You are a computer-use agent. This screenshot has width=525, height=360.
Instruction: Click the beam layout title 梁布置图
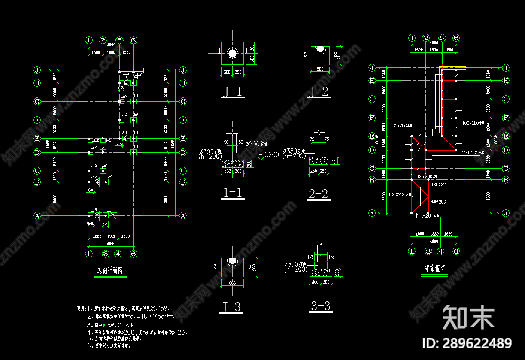coord(434,269)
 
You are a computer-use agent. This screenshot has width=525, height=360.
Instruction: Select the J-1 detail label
coord(233,91)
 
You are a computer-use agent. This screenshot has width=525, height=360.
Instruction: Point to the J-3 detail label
coord(231,307)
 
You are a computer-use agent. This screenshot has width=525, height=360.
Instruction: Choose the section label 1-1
coord(232,193)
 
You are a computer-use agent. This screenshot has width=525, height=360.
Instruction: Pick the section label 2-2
coord(318,194)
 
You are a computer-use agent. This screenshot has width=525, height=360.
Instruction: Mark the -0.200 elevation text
coord(269,154)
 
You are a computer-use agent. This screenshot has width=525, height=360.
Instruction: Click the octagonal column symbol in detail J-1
coord(233,54)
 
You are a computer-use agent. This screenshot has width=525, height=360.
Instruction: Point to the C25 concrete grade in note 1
coord(161,309)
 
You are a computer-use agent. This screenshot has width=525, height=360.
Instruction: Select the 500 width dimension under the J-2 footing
coord(319,69)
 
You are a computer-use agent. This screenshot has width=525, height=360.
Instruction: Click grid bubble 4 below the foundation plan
coord(118,253)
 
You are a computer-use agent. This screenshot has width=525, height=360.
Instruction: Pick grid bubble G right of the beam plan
coord(506,99)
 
